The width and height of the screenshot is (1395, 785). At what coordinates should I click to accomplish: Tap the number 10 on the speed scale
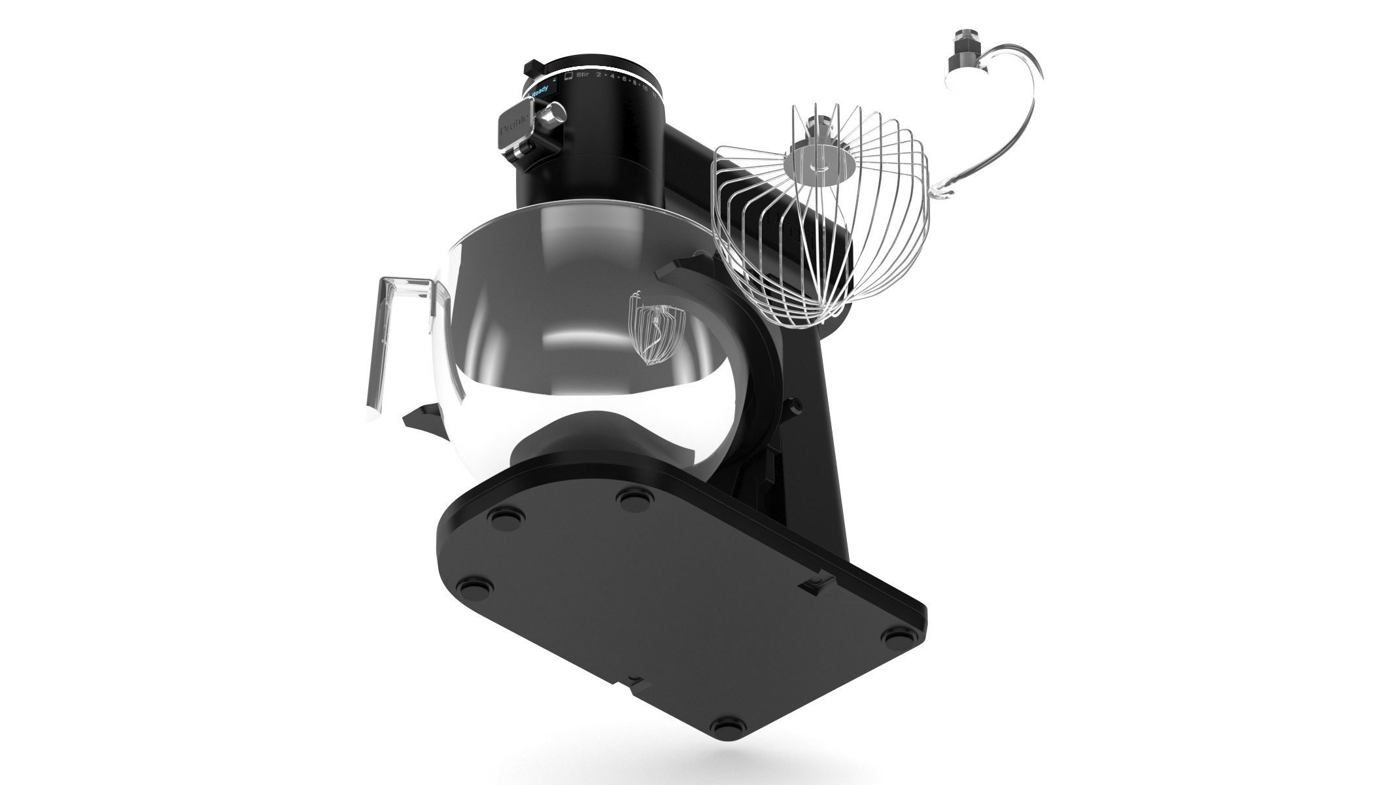pos(646,88)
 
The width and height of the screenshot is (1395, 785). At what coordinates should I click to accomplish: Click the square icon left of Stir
pos(568,77)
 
